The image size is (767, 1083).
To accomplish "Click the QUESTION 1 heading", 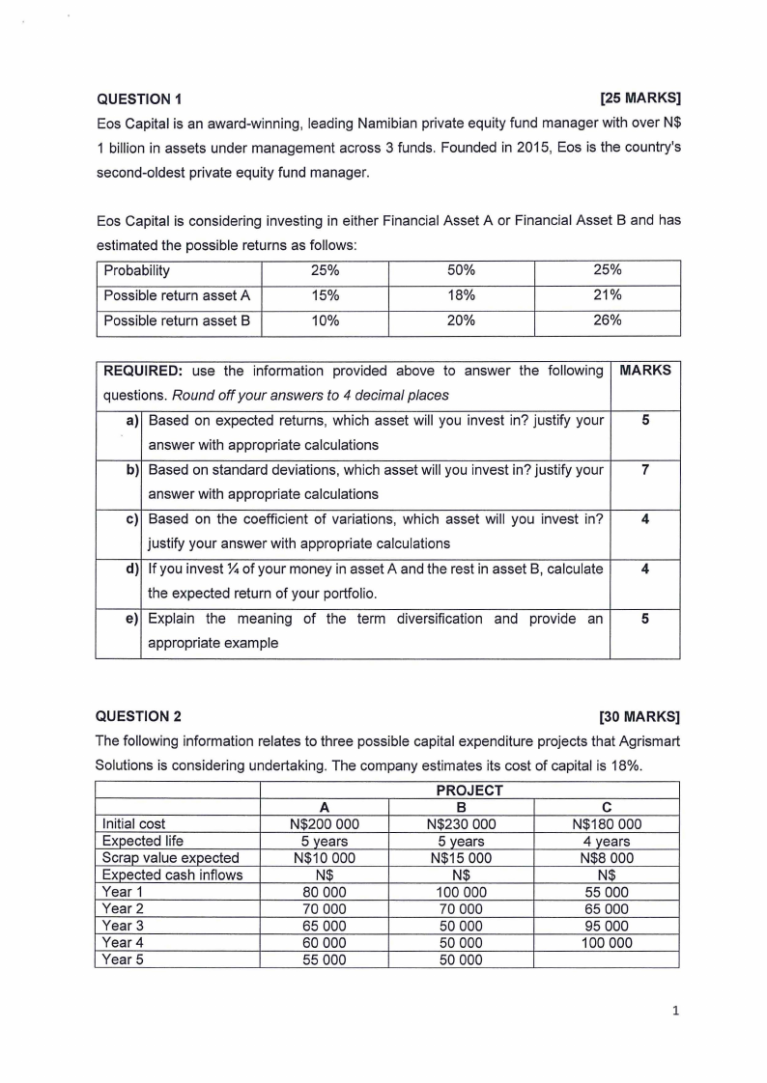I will (x=140, y=98).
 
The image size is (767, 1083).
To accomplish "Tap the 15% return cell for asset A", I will (x=325, y=295).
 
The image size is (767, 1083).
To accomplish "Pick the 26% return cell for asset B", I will (x=607, y=320).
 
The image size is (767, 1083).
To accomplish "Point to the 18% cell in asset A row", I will (x=461, y=295).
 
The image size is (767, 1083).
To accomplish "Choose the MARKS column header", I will (x=644, y=371).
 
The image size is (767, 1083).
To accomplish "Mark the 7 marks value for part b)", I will (x=644, y=470).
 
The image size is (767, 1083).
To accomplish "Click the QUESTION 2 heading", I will (x=140, y=716).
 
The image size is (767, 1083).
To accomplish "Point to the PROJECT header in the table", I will (x=469, y=791).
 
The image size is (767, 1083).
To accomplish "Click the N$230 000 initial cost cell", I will (x=461, y=824).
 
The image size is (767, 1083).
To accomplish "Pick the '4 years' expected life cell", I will (x=607, y=841).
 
